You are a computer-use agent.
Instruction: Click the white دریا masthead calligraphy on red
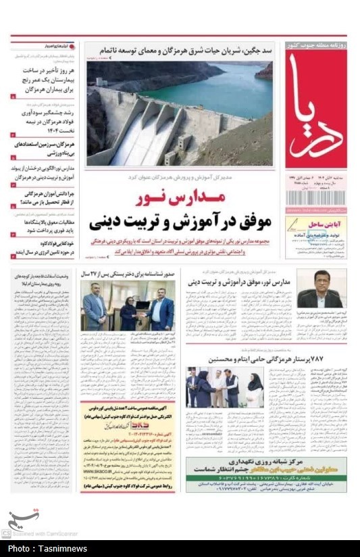point(315,108)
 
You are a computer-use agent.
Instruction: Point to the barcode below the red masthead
point(315,197)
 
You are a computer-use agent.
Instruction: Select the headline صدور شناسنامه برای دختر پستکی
point(128,274)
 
